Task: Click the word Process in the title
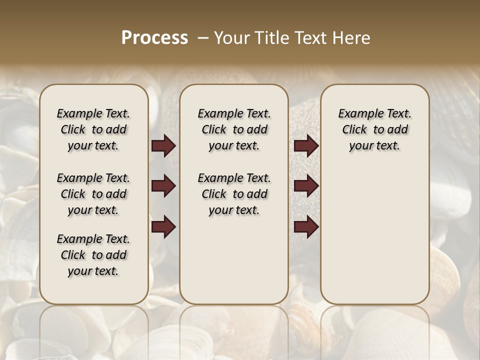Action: pyautogui.click(x=154, y=38)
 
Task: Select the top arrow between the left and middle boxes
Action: pyautogui.click(x=163, y=145)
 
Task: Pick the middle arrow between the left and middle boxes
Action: pyautogui.click(x=163, y=186)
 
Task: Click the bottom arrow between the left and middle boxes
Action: pyautogui.click(x=163, y=226)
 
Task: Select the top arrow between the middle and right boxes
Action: pyautogui.click(x=306, y=145)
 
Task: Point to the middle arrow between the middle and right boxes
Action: pyautogui.click(x=306, y=186)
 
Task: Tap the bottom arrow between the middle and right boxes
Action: pyautogui.click(x=306, y=226)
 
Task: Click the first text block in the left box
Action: pyautogui.click(x=93, y=129)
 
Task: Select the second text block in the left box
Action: pyautogui.click(x=93, y=194)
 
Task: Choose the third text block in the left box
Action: pyautogui.click(x=93, y=255)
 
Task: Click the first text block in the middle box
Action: pyautogui.click(x=234, y=129)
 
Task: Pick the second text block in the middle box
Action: pyautogui.click(x=234, y=194)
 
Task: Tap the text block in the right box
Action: pyautogui.click(x=374, y=129)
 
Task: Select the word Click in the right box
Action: pyautogui.click(x=354, y=129)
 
